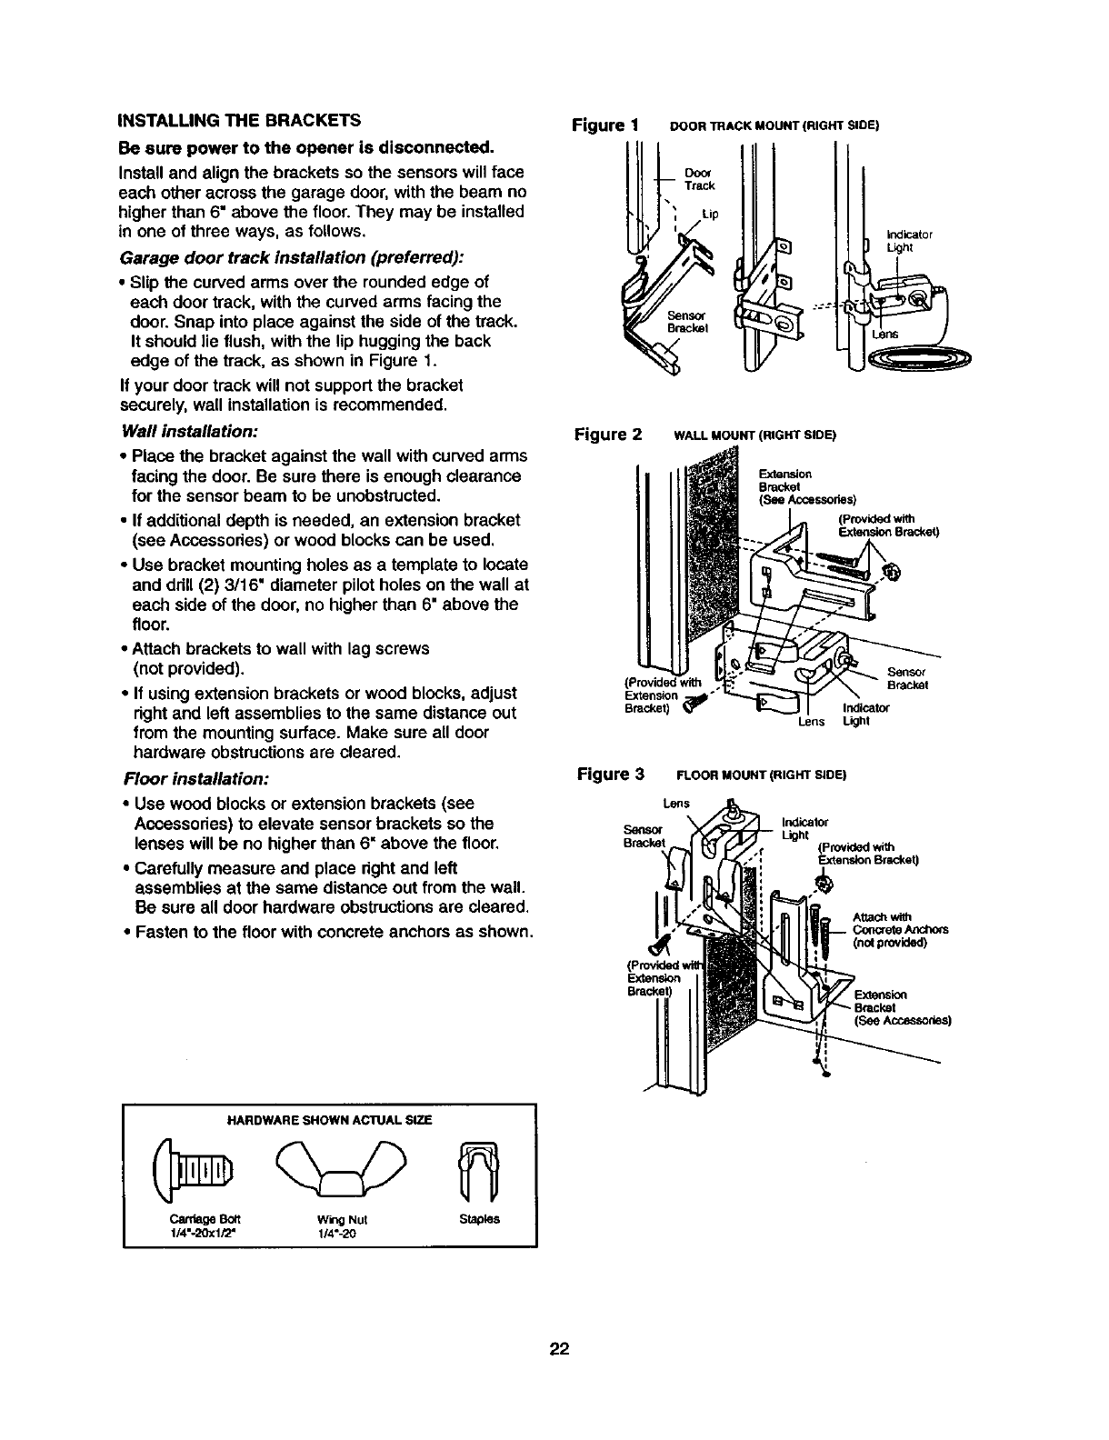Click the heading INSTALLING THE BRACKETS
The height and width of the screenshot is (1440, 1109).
click(x=239, y=120)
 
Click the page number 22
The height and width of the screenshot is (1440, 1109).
click(x=558, y=1348)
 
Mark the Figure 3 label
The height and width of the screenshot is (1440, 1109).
click(x=611, y=775)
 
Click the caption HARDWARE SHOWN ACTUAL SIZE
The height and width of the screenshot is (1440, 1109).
click(x=328, y=1120)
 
